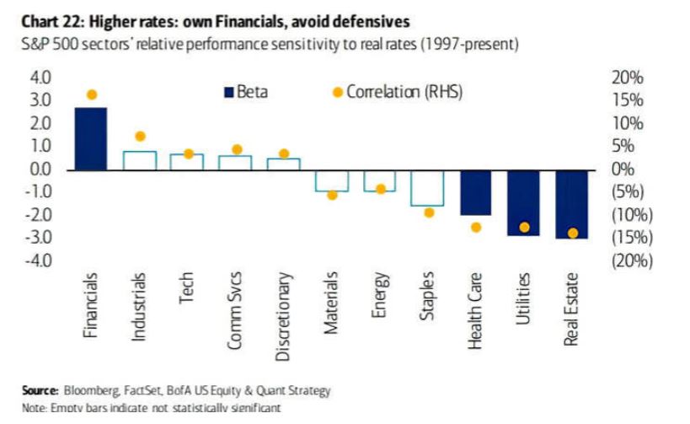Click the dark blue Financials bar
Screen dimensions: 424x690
[91, 139]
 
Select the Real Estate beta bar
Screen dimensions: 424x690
[572, 204]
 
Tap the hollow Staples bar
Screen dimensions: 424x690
[428, 187]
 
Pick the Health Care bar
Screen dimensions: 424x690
[476, 192]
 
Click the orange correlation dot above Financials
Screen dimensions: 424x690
[92, 94]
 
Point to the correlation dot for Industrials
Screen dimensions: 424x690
[140, 136]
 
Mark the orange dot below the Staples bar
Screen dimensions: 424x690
[429, 212]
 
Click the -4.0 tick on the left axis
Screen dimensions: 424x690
[40, 260]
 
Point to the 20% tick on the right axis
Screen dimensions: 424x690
[627, 78]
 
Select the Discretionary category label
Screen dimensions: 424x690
[284, 317]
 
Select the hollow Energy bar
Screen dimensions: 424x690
[380, 180]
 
